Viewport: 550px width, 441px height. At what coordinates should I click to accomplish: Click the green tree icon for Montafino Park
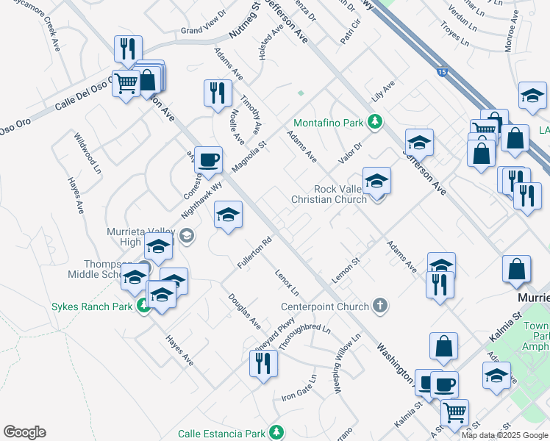375,121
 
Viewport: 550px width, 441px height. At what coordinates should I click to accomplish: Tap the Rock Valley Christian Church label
329,194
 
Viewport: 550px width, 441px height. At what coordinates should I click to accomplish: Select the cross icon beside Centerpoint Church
379,305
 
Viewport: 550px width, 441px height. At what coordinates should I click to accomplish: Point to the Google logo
24,432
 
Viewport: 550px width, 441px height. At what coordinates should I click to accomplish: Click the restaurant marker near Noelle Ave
218,93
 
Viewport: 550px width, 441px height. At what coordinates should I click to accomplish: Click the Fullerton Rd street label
255,251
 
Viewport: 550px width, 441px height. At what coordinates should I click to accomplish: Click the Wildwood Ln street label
87,154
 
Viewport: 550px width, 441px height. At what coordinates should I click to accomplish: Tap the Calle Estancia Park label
221,433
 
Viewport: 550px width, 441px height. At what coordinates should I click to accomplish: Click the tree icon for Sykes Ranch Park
144,306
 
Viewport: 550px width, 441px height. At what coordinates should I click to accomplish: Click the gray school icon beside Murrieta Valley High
187,235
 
